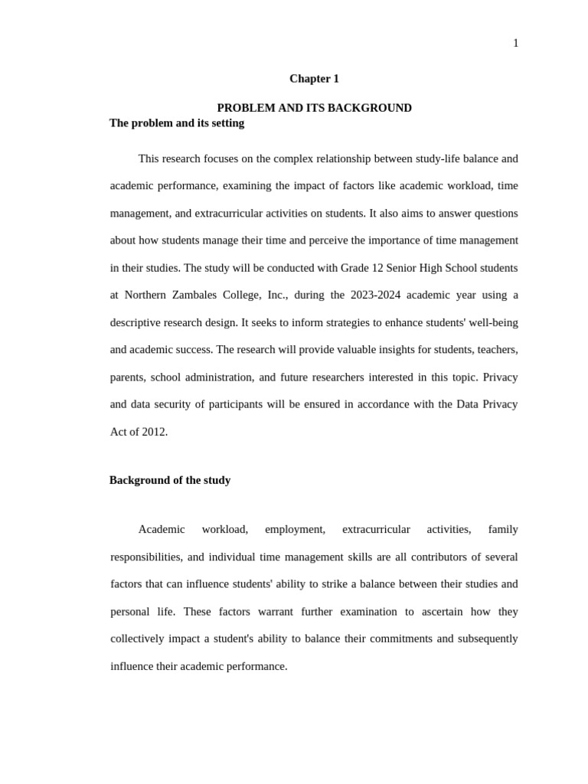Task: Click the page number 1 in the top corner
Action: point(515,44)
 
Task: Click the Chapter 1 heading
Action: point(314,79)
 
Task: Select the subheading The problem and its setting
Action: point(177,123)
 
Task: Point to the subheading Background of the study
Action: point(170,480)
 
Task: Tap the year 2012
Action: point(154,432)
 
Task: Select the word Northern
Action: point(145,296)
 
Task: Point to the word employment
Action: point(295,530)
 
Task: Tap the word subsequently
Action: point(488,639)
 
